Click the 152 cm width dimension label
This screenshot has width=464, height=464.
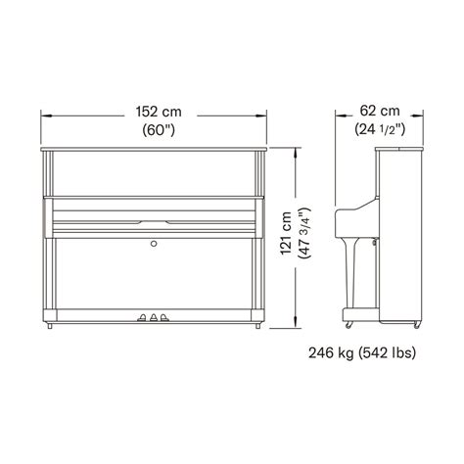coord(159,112)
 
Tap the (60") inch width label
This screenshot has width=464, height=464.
coord(159,130)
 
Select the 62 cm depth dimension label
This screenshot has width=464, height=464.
coord(380,111)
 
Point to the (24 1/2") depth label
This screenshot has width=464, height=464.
coord(380,129)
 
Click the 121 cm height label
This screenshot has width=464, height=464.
coord(286,233)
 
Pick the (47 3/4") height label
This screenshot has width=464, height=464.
coord(304,233)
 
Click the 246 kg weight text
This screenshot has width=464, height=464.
coord(331,352)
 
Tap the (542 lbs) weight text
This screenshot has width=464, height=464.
coord(388,352)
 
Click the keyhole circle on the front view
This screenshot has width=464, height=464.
coord(154,244)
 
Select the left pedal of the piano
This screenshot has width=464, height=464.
coord(142,317)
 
